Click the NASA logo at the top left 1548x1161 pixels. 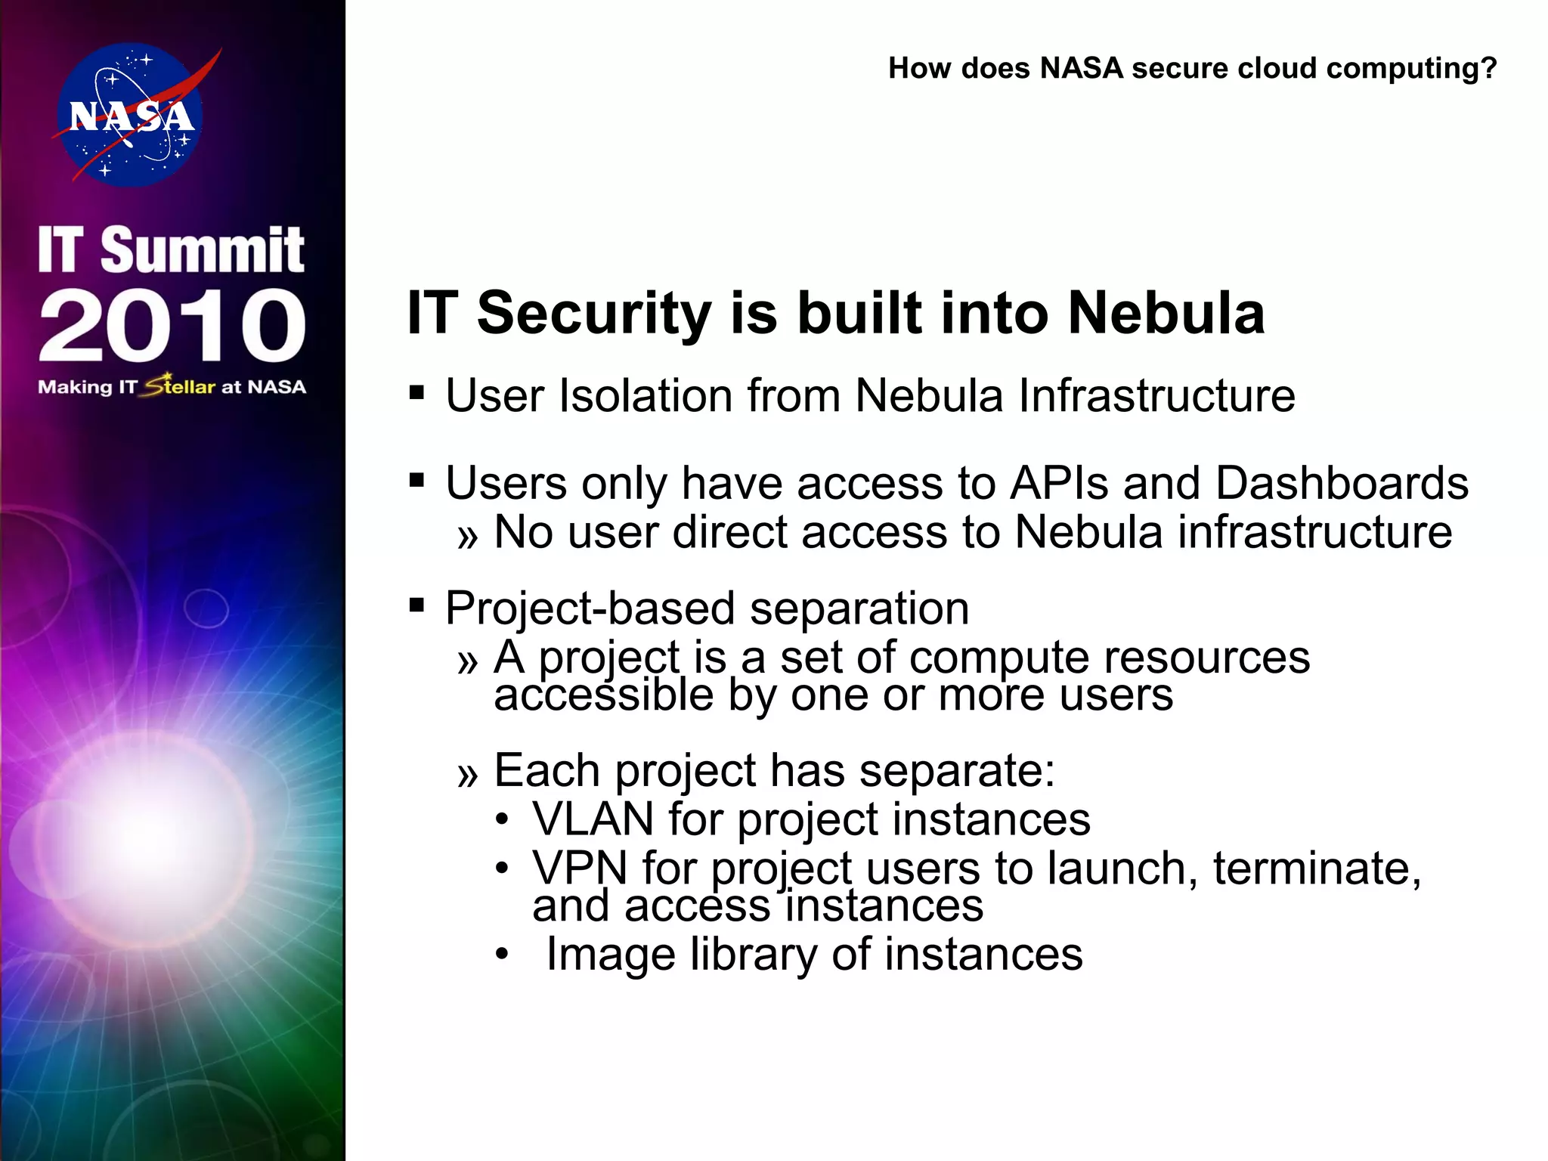[x=130, y=115]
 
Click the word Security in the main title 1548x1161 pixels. [x=594, y=313]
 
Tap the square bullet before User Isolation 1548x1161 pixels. [x=416, y=393]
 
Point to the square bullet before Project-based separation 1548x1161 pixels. [x=416, y=605]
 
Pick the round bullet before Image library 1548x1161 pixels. [x=503, y=955]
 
